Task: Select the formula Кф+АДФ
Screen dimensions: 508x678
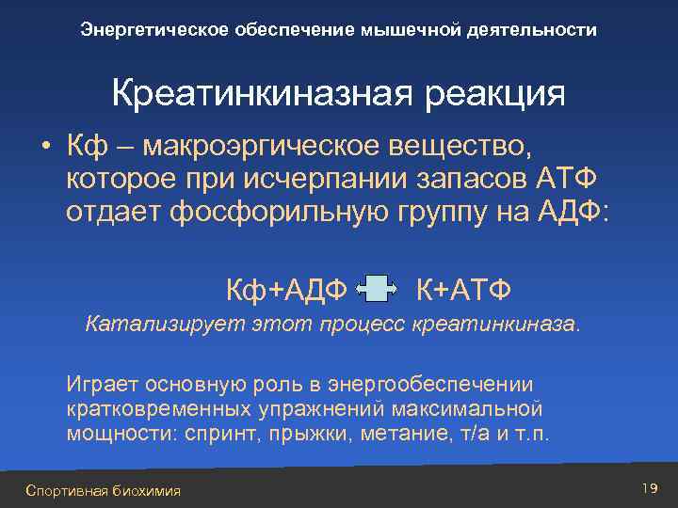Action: pyautogui.click(x=285, y=288)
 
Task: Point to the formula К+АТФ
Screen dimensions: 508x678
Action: pyautogui.click(x=463, y=288)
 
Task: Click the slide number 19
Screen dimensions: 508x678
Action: pyautogui.click(x=648, y=486)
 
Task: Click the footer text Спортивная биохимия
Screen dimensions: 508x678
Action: pyautogui.click(x=104, y=490)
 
